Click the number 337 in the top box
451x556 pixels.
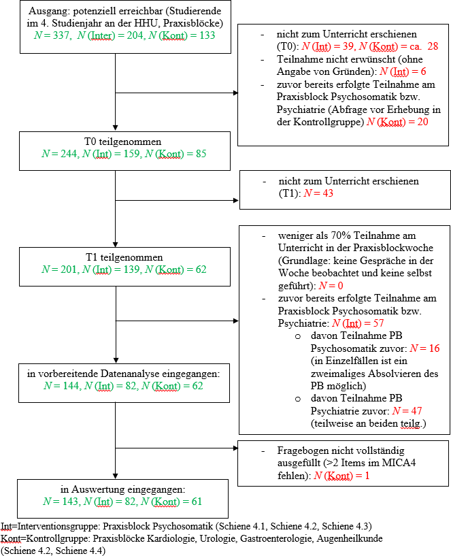click(61, 35)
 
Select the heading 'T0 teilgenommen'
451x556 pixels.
click(122, 142)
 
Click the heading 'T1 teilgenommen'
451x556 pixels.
click(124, 257)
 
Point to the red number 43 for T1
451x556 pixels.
click(328, 193)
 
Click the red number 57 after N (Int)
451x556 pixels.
click(378, 323)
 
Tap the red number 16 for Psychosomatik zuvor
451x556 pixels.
click(435, 348)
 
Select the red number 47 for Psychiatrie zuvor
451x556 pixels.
click(416, 411)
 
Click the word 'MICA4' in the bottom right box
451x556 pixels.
click(399, 463)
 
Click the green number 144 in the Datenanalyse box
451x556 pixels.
click(71, 386)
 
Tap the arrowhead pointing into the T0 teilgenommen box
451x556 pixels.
click(115, 128)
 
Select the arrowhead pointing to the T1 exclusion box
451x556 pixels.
click(236, 200)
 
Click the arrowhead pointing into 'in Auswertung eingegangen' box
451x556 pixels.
click(115, 476)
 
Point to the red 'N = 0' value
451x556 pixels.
click(331, 286)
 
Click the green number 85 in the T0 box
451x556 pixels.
click(201, 154)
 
